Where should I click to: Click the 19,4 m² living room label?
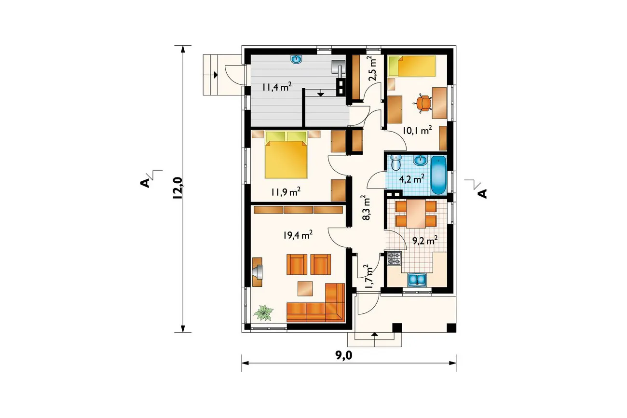coord(298,235)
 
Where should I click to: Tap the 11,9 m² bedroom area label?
coord(286,192)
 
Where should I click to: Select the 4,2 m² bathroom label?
coord(411,178)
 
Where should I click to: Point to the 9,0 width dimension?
coord(343,355)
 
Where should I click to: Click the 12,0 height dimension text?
coord(178,188)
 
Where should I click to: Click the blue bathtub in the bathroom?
coord(438,175)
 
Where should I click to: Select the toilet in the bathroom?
coord(396,162)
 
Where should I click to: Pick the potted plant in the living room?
coord(263,312)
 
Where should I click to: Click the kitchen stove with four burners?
coord(395,258)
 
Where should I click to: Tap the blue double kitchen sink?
coord(417,280)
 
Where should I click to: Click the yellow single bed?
coord(412,67)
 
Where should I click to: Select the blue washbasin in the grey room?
coord(297,59)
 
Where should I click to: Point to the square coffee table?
coord(305,289)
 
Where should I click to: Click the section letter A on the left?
coord(144,183)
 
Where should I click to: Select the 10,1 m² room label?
coord(417,130)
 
